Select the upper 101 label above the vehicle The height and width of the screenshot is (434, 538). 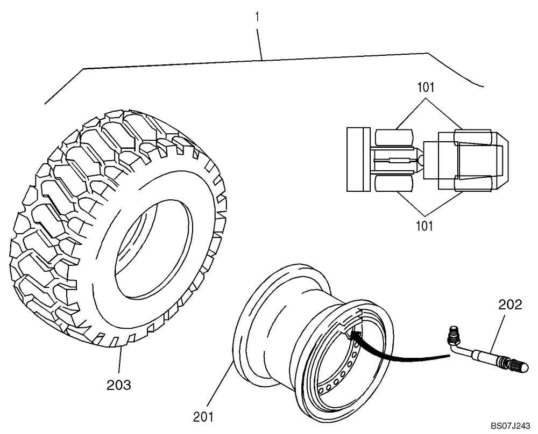426,87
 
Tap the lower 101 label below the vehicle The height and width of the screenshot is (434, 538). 425,226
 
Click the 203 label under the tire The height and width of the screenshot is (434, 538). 119,385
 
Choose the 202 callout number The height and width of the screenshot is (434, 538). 510,305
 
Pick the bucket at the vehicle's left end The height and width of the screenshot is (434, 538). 356,159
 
